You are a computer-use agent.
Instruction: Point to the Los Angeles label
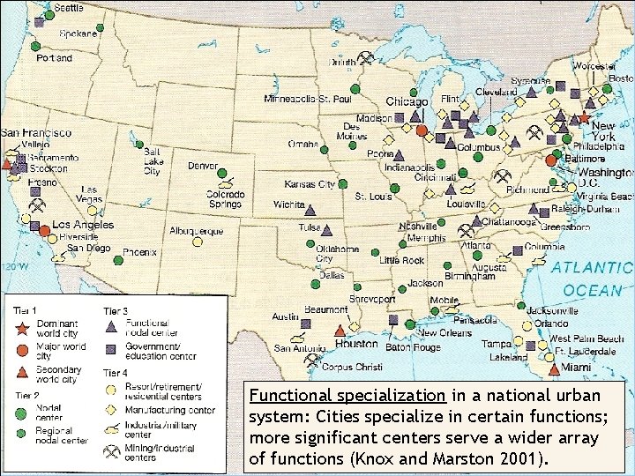click(84, 225)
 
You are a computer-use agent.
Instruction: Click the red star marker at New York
click(584, 117)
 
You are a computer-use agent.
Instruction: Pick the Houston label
click(357, 344)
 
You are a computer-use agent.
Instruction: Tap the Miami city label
click(579, 367)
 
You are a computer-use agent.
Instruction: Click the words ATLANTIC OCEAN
click(592, 279)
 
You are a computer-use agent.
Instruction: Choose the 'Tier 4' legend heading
click(116, 373)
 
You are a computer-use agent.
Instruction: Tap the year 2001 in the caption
click(527, 459)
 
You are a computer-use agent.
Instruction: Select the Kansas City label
click(310, 184)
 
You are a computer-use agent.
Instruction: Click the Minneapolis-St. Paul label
click(308, 98)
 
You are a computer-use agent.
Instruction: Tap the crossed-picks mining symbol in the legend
click(112, 452)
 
